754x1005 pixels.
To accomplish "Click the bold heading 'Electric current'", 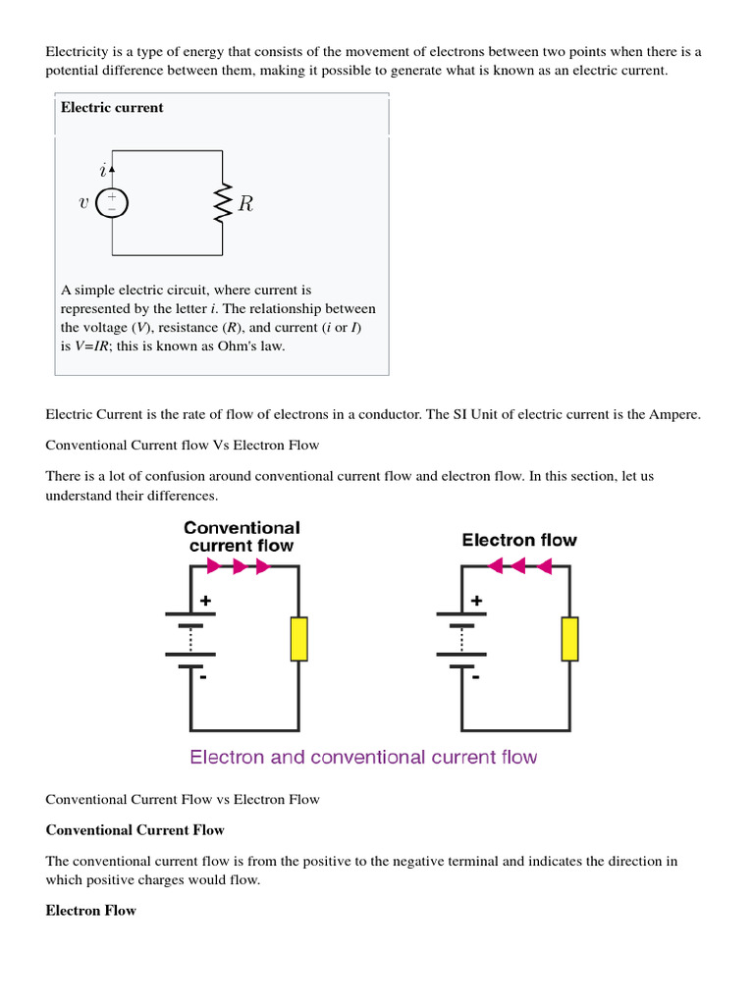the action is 112,108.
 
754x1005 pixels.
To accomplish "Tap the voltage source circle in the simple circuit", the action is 112,203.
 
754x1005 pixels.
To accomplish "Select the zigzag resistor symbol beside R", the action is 223,202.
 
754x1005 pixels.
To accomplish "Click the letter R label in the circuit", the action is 245,204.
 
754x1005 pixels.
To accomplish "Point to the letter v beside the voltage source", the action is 83,204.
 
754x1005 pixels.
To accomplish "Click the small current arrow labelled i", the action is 112,170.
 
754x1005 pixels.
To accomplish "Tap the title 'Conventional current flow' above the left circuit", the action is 242,536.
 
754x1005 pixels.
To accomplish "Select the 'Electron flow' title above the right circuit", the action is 519,540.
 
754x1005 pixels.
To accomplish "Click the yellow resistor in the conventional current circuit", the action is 298,638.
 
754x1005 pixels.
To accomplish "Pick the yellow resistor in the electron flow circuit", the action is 568,638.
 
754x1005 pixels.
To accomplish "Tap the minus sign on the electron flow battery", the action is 476,676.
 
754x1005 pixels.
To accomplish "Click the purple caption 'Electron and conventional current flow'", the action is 363,758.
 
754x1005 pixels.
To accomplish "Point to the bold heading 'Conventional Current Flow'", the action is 135,830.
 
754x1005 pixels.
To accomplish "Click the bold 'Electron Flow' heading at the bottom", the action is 90,911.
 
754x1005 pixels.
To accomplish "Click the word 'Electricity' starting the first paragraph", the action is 77,51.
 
